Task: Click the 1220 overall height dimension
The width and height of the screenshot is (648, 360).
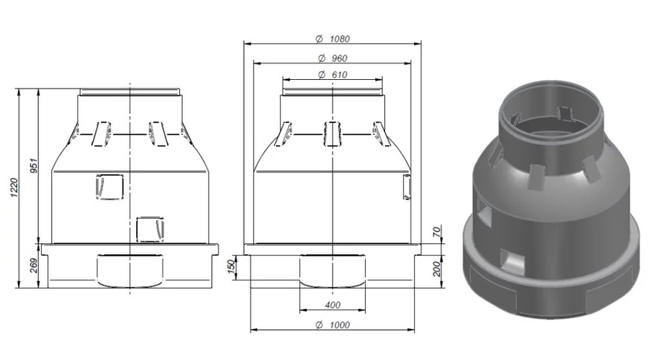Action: (14, 188)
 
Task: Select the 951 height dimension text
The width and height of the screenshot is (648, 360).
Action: (34, 166)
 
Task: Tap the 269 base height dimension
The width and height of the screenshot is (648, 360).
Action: (34, 266)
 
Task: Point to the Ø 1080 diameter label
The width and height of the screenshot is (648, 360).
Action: (333, 39)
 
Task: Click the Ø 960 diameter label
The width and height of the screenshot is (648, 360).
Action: (333, 58)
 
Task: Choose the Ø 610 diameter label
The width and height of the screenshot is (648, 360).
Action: (333, 75)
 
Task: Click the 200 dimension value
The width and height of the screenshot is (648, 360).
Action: (437, 269)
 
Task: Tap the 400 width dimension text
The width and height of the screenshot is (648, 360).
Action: (333, 305)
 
